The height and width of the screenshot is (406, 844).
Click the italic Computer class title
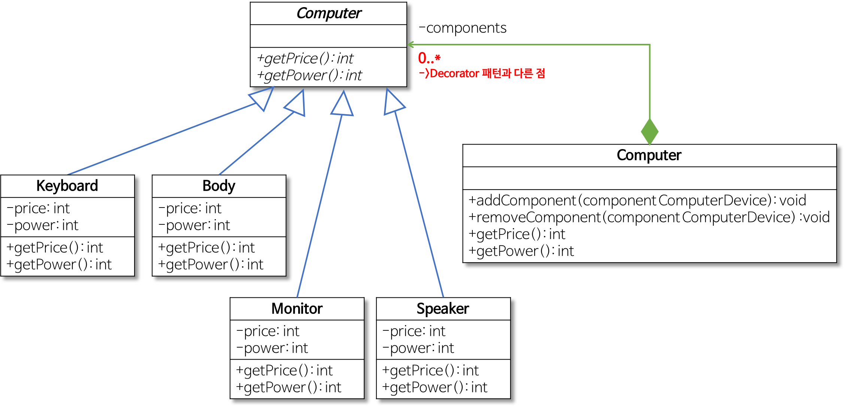point(329,13)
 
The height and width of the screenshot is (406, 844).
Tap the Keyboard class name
point(67,186)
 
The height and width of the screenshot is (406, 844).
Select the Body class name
point(219,186)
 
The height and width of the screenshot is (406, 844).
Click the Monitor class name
point(297,309)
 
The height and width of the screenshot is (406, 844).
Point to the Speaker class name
point(442,309)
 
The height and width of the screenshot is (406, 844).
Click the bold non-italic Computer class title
point(649,155)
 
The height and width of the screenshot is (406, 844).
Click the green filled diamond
point(650,131)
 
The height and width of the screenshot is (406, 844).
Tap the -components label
point(463,28)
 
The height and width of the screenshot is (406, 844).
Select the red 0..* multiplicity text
point(429,58)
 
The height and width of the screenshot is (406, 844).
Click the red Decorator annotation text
point(482,73)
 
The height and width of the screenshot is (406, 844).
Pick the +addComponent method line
point(637,200)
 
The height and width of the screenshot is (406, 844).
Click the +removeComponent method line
point(649,217)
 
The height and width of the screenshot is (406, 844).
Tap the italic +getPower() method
point(309,75)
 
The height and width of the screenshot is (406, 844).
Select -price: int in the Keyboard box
point(38,208)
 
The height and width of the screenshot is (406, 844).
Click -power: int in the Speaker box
point(418,348)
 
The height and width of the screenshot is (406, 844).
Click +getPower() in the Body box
point(211,264)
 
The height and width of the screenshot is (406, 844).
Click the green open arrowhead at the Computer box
point(411,45)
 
